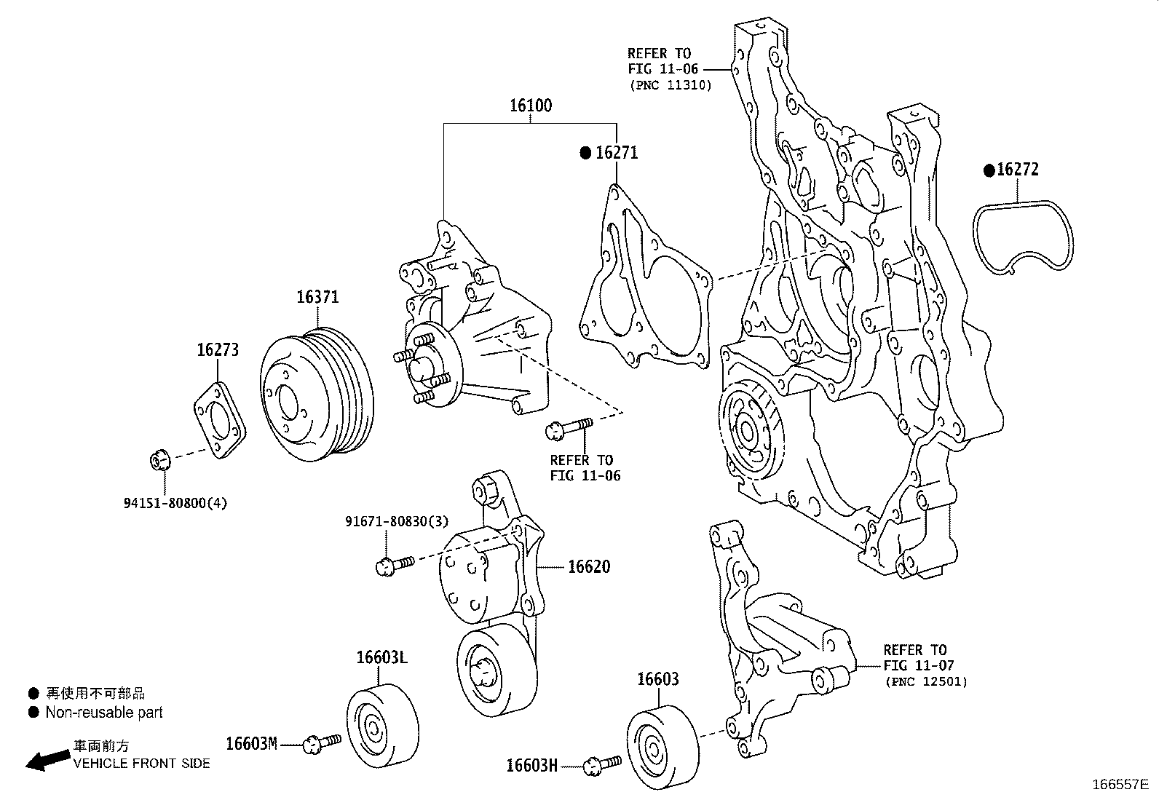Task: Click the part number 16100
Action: coord(530,106)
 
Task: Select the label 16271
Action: coord(616,153)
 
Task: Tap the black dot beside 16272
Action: coord(989,170)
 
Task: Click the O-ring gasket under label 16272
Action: coord(1024,238)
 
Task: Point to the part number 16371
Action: coord(317,297)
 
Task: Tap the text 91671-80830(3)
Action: coord(397,521)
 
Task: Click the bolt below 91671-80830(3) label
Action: coord(394,564)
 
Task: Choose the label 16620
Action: coord(588,566)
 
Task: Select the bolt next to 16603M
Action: coord(321,742)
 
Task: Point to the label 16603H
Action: coord(531,765)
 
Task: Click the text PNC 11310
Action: coord(671,85)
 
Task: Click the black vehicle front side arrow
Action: coord(45,760)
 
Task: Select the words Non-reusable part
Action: coord(104,713)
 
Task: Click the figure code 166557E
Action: coord(1119,785)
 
